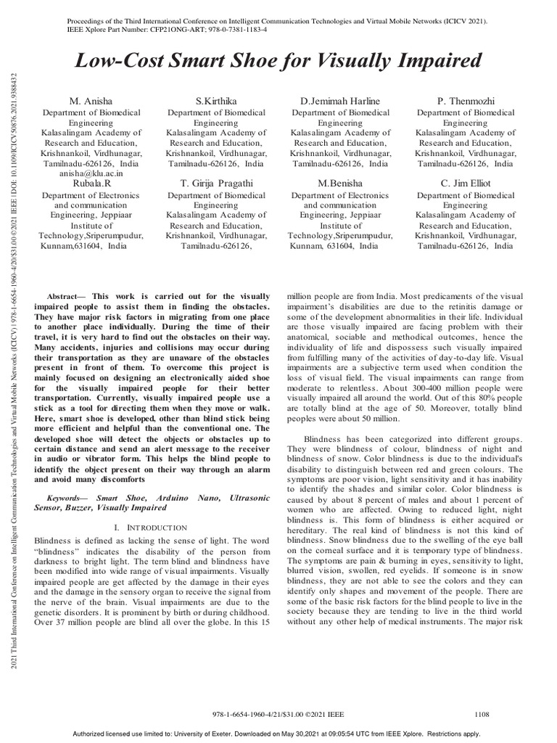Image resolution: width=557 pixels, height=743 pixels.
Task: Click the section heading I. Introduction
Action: (151, 527)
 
